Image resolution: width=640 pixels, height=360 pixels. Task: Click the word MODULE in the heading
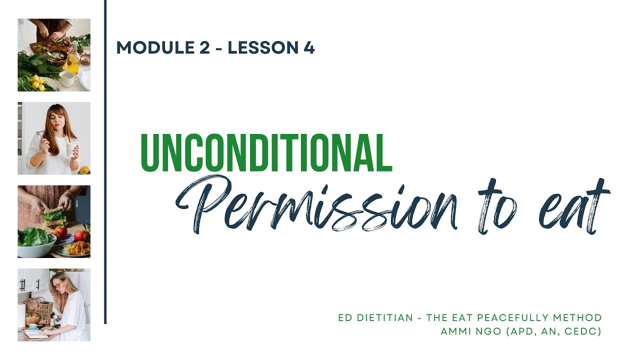[x=147, y=48]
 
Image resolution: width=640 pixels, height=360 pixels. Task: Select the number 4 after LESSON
[x=309, y=48]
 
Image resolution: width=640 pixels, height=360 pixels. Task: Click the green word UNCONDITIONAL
[x=265, y=153]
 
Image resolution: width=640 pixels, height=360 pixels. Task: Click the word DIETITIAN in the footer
[x=384, y=318]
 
